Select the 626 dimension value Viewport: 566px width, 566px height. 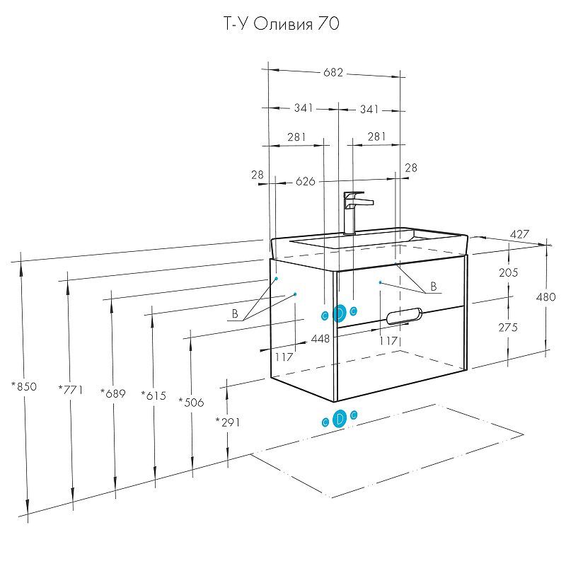[305, 182]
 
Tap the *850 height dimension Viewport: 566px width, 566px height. [24, 386]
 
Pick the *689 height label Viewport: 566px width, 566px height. [113, 393]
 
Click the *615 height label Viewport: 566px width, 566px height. [154, 395]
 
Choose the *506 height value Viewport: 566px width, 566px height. [191, 403]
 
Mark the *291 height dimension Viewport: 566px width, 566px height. [227, 422]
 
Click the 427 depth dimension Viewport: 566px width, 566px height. [521, 234]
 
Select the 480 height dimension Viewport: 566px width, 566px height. [546, 297]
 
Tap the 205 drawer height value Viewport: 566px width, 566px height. [509, 272]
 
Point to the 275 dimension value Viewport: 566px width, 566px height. [509, 327]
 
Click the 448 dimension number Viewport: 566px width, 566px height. [320, 339]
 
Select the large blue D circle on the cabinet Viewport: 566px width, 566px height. [339, 313]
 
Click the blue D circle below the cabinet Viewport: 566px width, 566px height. [339, 419]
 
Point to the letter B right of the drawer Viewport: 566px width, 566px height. [434, 287]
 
